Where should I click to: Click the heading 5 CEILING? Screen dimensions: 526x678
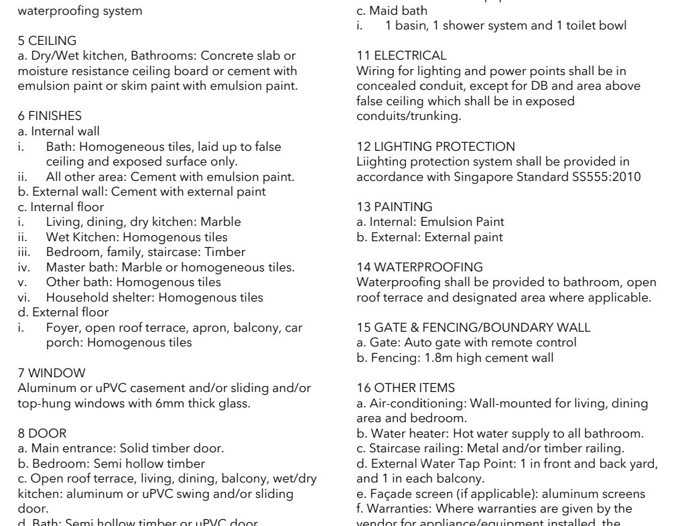tap(47, 41)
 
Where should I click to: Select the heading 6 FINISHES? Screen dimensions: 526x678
tap(50, 117)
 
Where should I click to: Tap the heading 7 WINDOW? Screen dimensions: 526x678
tap(52, 373)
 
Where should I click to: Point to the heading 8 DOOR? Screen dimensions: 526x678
tap(42, 434)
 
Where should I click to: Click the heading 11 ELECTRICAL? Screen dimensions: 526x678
tap(401, 56)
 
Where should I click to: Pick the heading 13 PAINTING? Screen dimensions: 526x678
tap(395, 207)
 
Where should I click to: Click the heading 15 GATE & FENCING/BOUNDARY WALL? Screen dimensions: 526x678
tap(474, 328)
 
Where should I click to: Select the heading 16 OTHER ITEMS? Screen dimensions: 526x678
tap(405, 388)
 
